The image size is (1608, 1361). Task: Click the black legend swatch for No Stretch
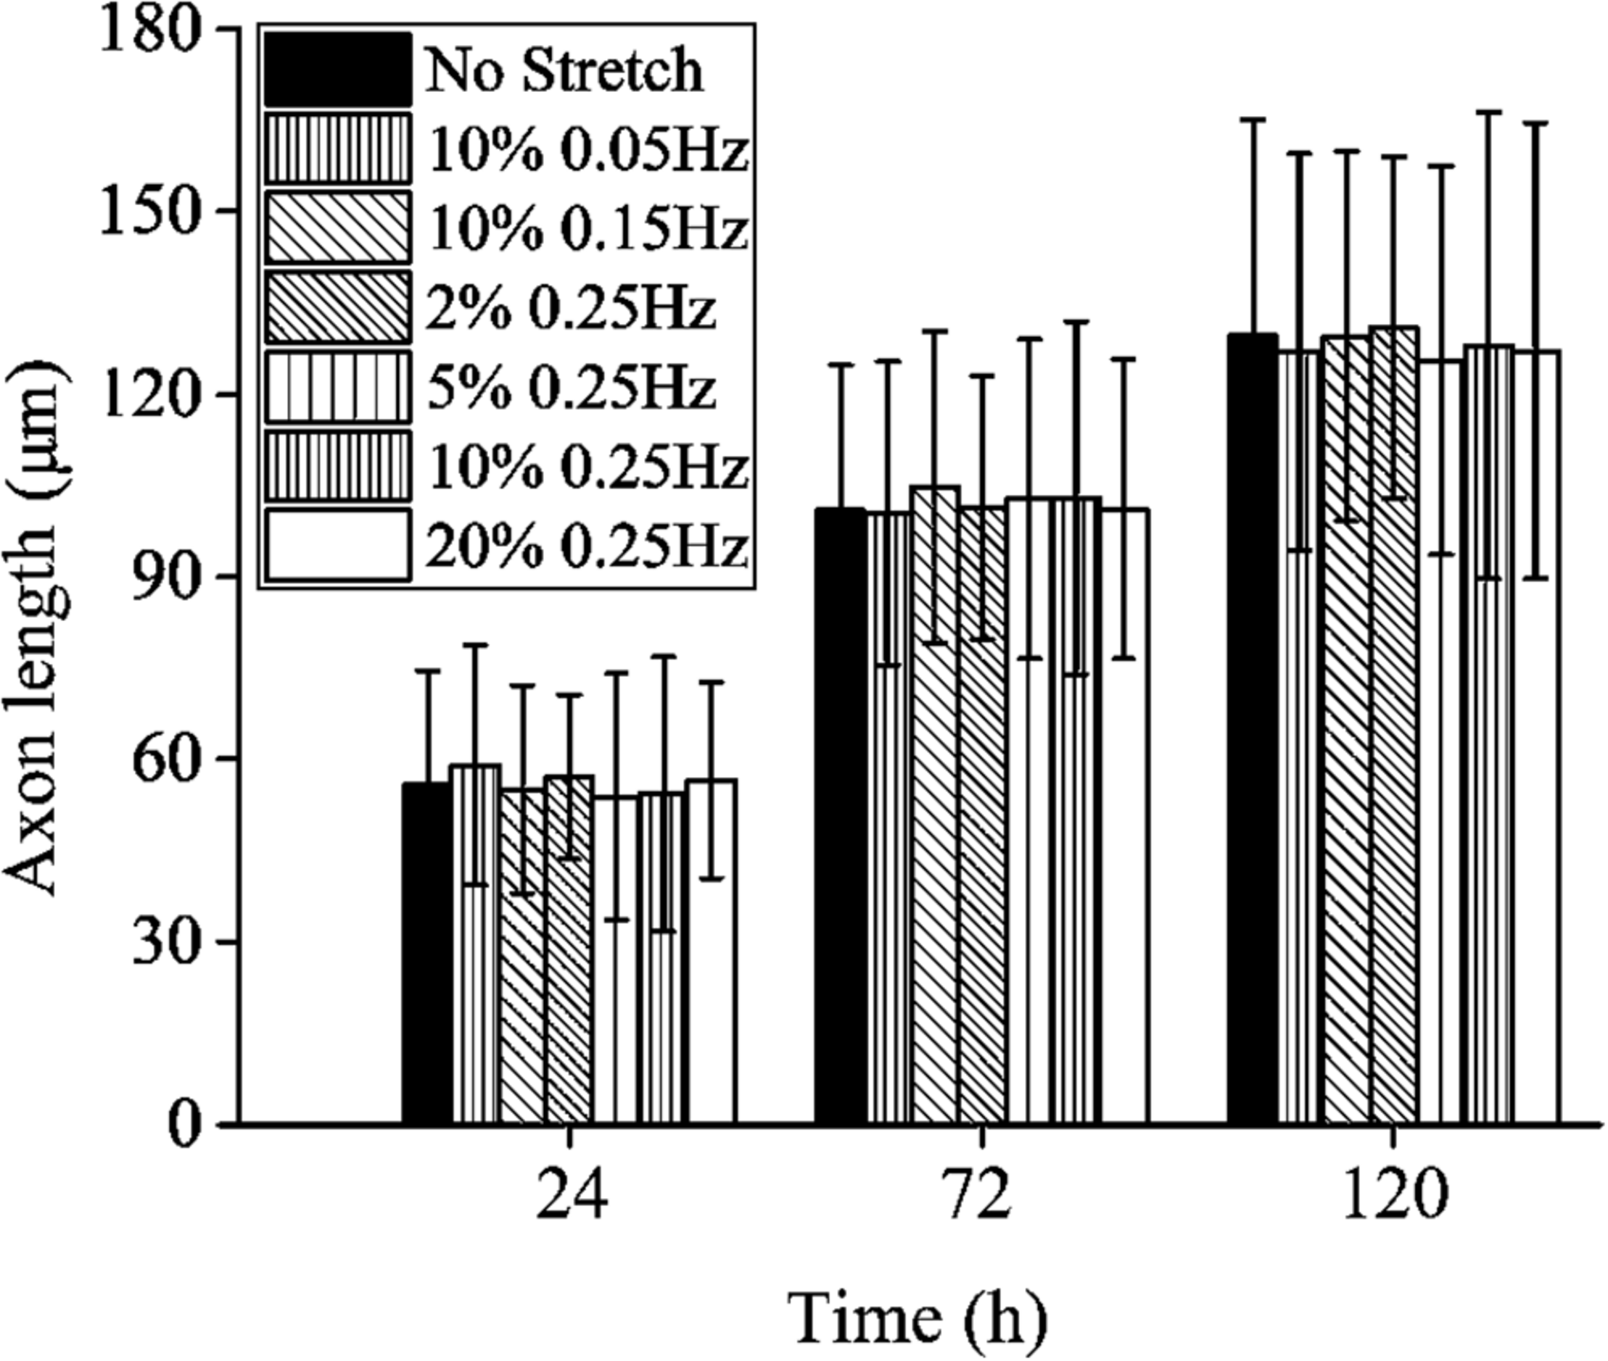337,69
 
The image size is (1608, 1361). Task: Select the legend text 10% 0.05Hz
587,150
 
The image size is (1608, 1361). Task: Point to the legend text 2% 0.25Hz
571,308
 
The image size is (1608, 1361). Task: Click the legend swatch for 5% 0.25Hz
337,386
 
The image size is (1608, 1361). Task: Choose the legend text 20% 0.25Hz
587,546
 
